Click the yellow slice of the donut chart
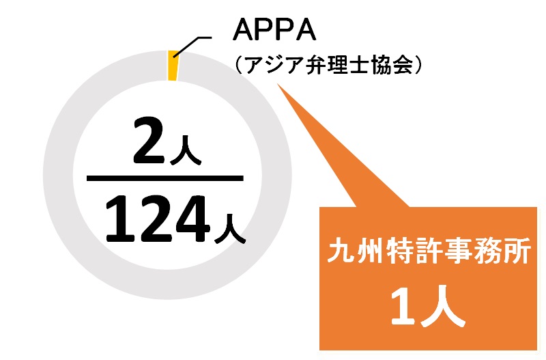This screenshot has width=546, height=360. point(173,66)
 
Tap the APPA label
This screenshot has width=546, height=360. point(274,30)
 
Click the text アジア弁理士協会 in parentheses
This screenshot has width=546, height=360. point(329,65)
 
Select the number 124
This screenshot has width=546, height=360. point(158,219)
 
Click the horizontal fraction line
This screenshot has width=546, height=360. point(164,178)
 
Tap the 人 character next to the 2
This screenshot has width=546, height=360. point(185,150)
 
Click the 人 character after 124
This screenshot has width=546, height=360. point(230,229)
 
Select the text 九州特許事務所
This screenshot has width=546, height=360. point(429,251)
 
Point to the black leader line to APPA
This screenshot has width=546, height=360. point(192,46)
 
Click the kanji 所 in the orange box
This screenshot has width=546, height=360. point(518,251)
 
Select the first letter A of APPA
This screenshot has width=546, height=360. point(243,31)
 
